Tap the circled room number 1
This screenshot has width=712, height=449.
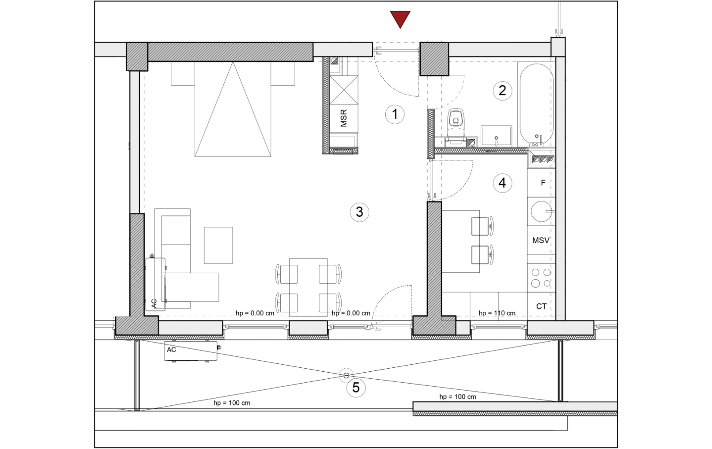click(395, 114)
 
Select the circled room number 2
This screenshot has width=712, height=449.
click(502, 91)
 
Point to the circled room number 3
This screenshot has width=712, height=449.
click(359, 212)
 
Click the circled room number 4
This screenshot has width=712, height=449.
click(502, 183)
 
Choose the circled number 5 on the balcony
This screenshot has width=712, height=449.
click(356, 388)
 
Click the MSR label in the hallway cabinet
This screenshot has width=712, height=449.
click(343, 118)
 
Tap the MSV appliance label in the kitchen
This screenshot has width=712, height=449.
click(541, 241)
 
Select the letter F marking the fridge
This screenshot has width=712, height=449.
click(543, 182)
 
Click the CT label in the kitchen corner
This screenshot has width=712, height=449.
click(541, 306)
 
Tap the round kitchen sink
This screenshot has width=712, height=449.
click(541, 211)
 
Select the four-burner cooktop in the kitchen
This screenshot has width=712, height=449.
click(541, 278)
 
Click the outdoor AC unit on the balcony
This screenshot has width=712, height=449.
click(191, 351)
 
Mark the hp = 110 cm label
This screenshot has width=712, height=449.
click(497, 313)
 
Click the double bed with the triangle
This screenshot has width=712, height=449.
click(233, 109)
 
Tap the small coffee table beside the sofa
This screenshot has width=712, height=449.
click(218, 245)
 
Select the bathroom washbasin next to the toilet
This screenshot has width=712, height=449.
click(496, 136)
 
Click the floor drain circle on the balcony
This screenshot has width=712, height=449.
click(346, 376)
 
